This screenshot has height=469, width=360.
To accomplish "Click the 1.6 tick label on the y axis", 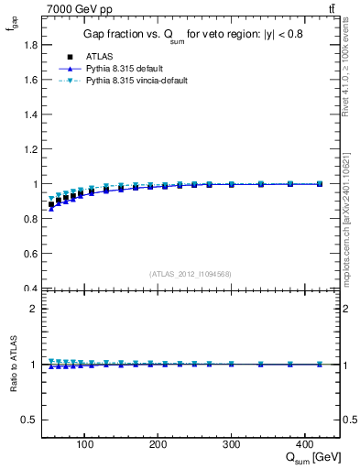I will click(28, 79).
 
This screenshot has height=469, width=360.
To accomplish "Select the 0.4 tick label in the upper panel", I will click(28, 289).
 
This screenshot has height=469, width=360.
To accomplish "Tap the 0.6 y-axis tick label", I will click(28, 254).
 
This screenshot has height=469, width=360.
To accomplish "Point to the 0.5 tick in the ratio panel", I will click(28, 420).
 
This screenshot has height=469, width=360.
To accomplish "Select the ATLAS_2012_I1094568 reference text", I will click(191, 274).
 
